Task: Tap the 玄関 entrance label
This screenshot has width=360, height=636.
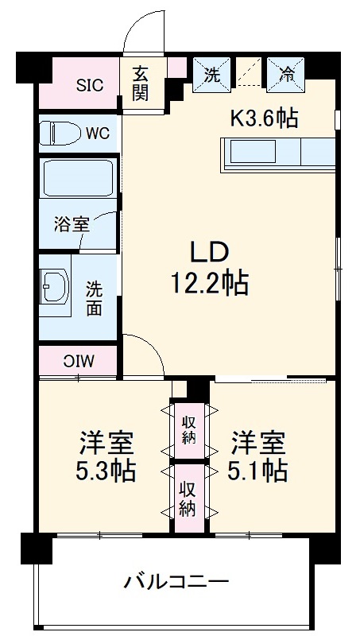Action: (x=141, y=82)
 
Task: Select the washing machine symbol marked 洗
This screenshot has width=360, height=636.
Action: (x=212, y=75)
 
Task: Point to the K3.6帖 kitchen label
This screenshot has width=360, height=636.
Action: (x=264, y=118)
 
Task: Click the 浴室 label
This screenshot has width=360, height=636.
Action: (x=71, y=224)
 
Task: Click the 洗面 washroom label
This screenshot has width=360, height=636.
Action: (x=95, y=297)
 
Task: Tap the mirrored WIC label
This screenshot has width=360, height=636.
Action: (x=79, y=360)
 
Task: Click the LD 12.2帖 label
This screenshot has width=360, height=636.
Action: (x=209, y=267)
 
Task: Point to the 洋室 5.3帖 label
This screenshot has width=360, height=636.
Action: (x=105, y=456)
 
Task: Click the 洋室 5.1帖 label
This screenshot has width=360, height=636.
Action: (x=258, y=456)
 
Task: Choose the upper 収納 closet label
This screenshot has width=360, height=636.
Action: (x=189, y=430)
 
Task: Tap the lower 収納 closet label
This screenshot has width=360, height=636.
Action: (x=189, y=498)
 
